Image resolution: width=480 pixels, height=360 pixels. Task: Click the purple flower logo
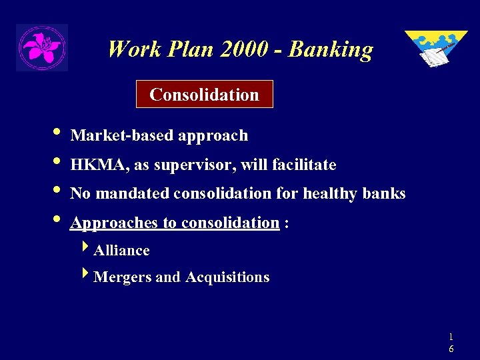coord(41,47)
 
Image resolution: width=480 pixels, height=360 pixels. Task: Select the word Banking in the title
coord(331,49)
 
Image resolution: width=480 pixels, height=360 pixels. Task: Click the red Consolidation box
coord(204,95)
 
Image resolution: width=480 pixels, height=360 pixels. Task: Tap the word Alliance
coord(122,251)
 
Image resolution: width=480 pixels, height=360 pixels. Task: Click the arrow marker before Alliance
coord(85,249)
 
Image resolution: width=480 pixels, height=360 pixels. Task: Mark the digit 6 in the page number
coord(451,349)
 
